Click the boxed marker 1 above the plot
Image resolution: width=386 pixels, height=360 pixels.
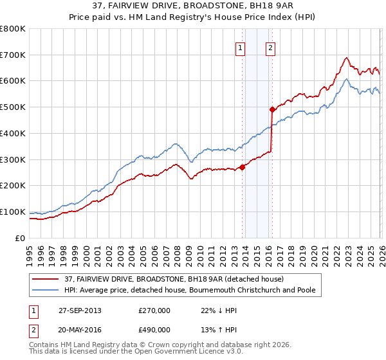(241, 48)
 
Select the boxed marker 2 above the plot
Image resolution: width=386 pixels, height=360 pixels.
(270, 48)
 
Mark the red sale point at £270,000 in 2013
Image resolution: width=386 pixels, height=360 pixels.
(243, 167)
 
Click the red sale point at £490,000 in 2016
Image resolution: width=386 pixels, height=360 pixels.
(272, 109)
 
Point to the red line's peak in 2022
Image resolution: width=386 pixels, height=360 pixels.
(346, 58)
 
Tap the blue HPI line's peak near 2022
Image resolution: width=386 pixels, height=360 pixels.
(345, 79)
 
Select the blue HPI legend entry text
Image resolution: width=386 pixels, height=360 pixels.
(189, 290)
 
